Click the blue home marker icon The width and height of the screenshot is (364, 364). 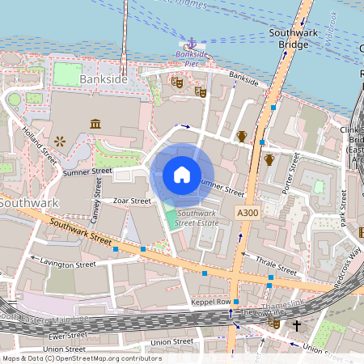[182, 175]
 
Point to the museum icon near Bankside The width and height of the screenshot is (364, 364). [95, 123]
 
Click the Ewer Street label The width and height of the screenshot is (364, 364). [67, 334]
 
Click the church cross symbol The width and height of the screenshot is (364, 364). [297, 326]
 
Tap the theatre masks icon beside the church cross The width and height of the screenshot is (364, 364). [274, 322]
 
